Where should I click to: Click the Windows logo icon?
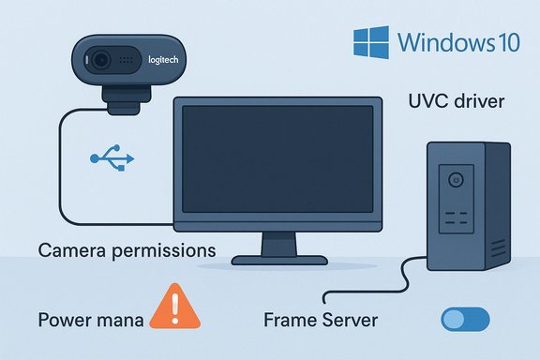[x=371, y=42]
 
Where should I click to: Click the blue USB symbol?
[x=111, y=158]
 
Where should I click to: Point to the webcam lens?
[x=100, y=62]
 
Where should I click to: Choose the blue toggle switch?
[x=464, y=319]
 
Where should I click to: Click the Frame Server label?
[x=321, y=320]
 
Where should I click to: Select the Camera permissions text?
[x=127, y=251]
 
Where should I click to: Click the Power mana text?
[x=90, y=320]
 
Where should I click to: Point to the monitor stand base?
[x=280, y=255]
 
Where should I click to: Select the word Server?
[x=345, y=320]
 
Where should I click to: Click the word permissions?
[x=162, y=251]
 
